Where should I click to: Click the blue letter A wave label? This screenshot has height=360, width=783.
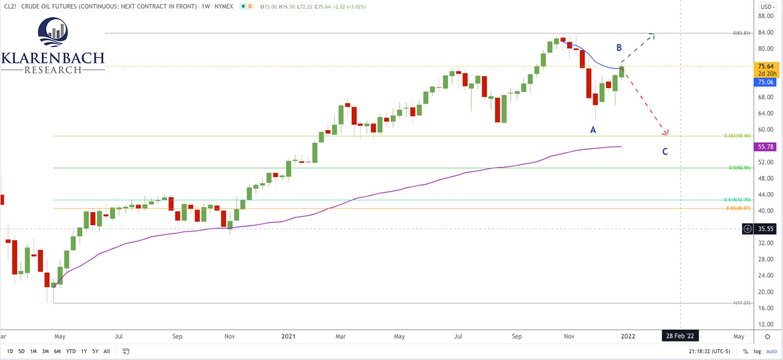click(593, 130)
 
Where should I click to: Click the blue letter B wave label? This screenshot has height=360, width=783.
click(619, 48)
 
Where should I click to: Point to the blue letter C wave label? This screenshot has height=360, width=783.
click(665, 152)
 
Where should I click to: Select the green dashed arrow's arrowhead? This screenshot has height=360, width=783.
click(652, 34)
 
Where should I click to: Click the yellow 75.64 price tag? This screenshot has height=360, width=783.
click(766, 66)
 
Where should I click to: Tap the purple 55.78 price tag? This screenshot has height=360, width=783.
click(765, 147)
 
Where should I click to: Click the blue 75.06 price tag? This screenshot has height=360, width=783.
click(765, 82)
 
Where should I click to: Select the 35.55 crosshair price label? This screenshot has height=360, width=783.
click(765, 229)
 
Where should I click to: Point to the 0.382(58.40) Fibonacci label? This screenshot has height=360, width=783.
click(737, 136)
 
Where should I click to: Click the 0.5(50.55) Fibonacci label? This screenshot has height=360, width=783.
click(739, 168)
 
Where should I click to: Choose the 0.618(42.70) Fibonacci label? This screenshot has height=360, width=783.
click(737, 199)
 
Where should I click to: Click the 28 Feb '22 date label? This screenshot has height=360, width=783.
click(680, 336)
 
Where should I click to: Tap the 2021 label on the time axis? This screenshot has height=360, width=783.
click(288, 336)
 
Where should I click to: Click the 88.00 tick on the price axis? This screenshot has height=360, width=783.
click(765, 16)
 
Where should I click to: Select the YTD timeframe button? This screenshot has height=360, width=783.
click(71, 351)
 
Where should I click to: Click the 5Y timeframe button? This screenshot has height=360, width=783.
click(95, 351)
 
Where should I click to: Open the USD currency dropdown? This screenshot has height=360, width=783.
click(768, 7)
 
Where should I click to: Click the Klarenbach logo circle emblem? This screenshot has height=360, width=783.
click(53, 32)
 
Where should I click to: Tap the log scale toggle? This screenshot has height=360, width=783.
click(757, 351)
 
